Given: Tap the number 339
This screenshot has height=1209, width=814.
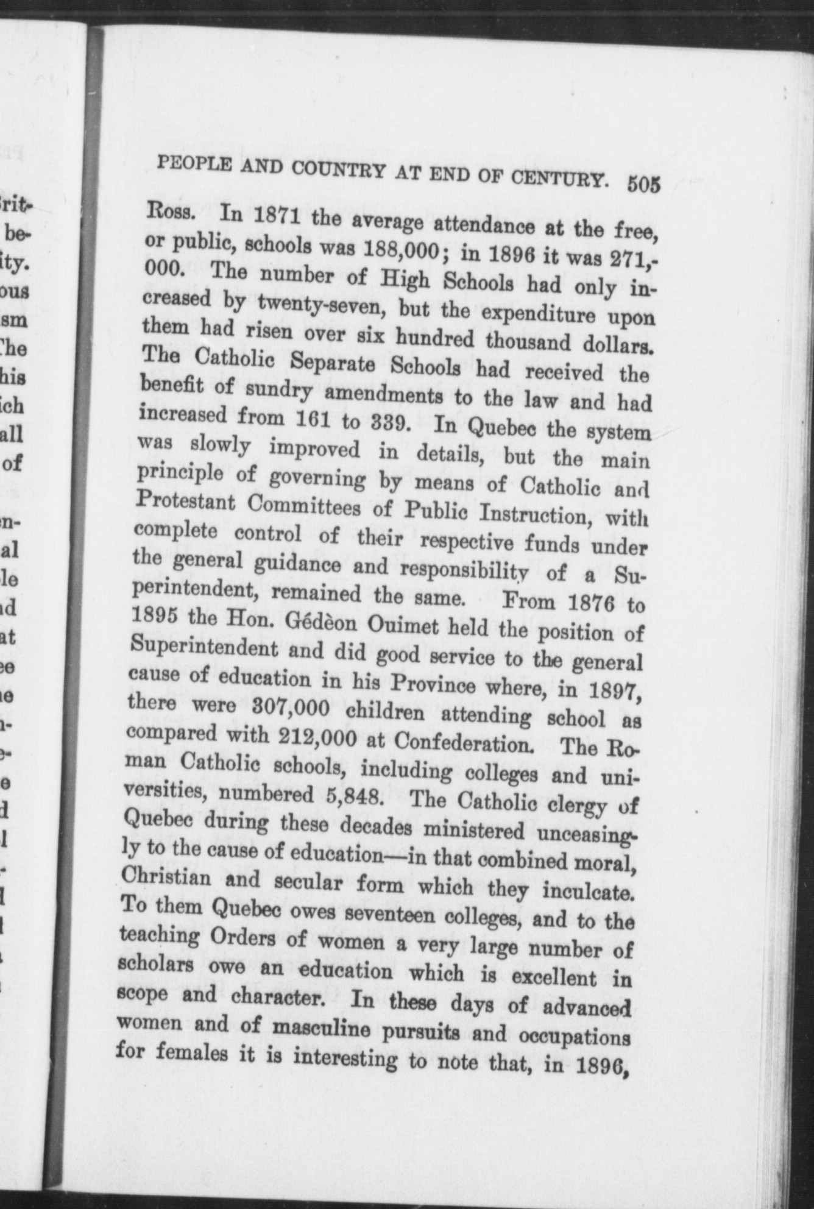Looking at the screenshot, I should coord(385,420).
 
